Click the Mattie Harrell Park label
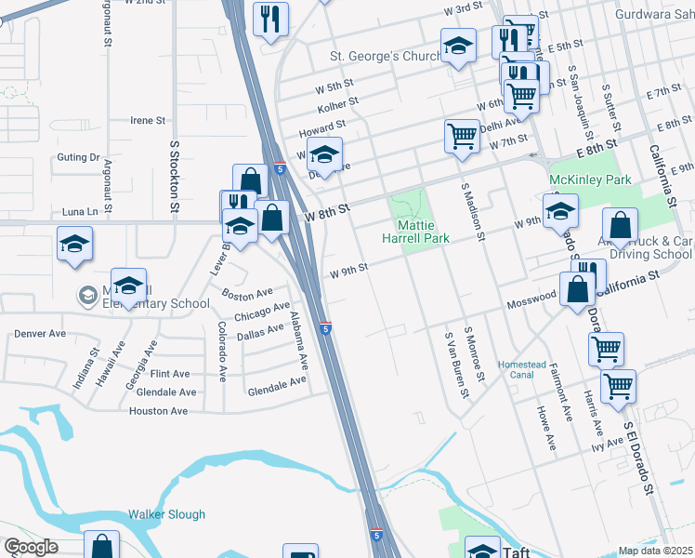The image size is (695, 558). tap(423, 232)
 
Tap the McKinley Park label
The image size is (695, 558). tap(590, 179)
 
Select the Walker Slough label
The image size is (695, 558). tap(166, 514)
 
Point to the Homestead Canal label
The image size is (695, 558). tap(528, 369)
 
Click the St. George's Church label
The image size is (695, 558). tap(386, 57)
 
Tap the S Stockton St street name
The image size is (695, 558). tap(174, 177)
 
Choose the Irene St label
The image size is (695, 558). tap(148, 121)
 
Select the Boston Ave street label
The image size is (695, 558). tap(247, 294)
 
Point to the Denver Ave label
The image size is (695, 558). tap(40, 333)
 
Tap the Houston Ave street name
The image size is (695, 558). tap(158, 411)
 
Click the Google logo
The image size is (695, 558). tap(31, 547)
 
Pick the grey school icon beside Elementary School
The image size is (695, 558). tap(88, 296)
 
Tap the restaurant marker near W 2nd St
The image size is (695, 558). tap(270, 19)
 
